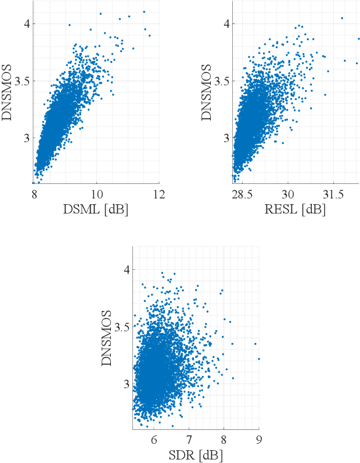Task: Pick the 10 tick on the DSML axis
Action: click(97, 194)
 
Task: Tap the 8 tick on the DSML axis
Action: click(35, 194)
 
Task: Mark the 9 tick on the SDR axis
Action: click(258, 440)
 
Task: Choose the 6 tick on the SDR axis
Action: click(154, 440)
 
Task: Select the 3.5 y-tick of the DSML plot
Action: click(22, 81)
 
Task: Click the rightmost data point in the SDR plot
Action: click(258, 359)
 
